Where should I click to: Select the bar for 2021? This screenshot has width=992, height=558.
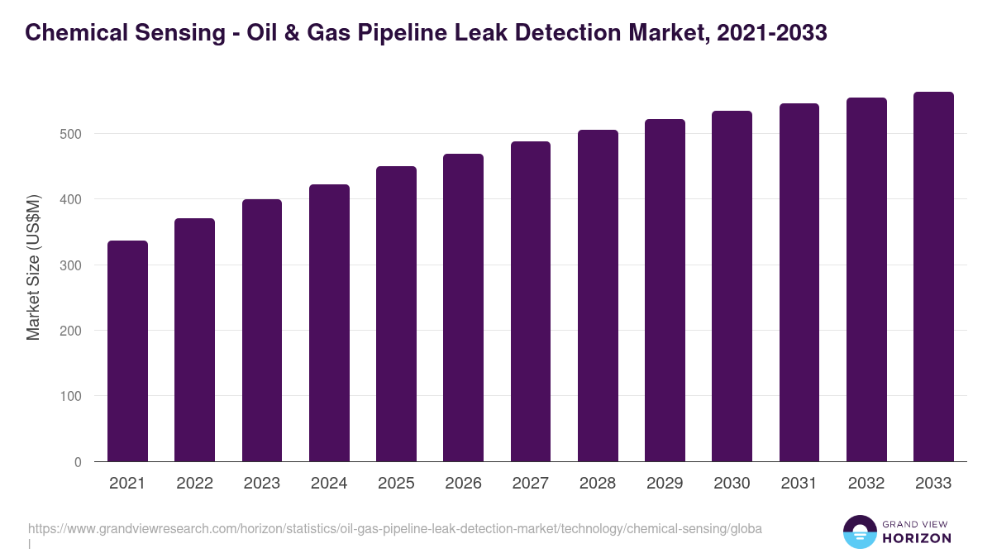coord(127,351)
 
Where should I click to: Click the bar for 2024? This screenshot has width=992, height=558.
coord(329,323)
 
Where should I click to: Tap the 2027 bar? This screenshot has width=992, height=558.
coord(531,302)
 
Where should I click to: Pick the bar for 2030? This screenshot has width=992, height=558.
coord(732,286)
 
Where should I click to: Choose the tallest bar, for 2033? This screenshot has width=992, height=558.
coord(933,277)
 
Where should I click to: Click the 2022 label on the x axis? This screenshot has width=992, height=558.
coord(194,484)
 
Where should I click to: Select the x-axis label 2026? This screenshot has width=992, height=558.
coord(463,484)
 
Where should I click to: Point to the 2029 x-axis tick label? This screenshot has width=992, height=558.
coord(665,484)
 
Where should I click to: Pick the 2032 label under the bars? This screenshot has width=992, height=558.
coord(866,484)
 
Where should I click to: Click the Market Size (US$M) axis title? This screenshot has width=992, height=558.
coord(33,266)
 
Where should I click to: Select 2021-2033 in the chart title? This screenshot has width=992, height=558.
coord(772,33)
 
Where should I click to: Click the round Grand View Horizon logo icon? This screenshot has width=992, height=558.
coord(859,532)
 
